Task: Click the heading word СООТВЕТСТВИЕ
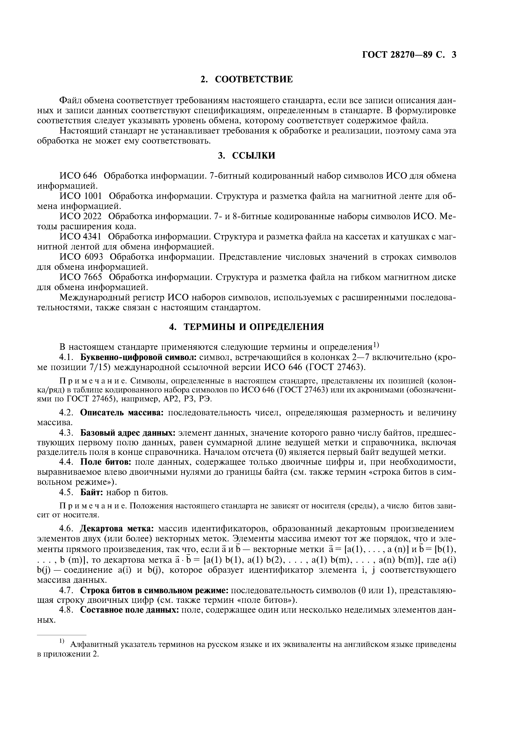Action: pos(254,79)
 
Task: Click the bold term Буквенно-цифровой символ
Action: pos(138,357)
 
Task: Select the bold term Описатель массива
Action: pos(122,412)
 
